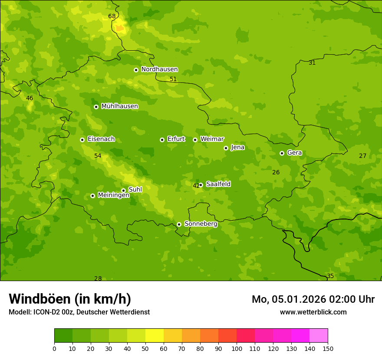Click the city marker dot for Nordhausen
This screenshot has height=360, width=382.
point(136,70)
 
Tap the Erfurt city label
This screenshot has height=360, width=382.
point(176,139)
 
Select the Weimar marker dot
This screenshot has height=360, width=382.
point(195,140)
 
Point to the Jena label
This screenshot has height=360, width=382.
point(237,147)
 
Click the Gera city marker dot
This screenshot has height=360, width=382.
point(282,153)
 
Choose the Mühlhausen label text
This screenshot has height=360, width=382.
point(119,106)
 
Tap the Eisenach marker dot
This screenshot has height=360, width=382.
point(82,140)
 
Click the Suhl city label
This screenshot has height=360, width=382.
point(135,190)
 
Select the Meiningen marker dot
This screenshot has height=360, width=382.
point(92,196)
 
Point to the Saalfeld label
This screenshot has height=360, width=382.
point(218,184)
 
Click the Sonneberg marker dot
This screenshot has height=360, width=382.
point(179,224)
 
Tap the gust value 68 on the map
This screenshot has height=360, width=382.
point(112,16)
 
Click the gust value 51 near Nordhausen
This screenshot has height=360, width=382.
point(173,79)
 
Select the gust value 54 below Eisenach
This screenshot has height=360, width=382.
point(98,156)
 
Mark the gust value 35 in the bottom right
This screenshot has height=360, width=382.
point(330,276)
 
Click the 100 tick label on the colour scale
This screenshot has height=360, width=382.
point(237,348)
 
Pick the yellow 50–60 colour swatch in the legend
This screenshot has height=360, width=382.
point(155,336)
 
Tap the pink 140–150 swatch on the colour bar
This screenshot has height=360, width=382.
point(319,336)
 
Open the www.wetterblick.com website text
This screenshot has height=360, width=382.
point(313,312)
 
